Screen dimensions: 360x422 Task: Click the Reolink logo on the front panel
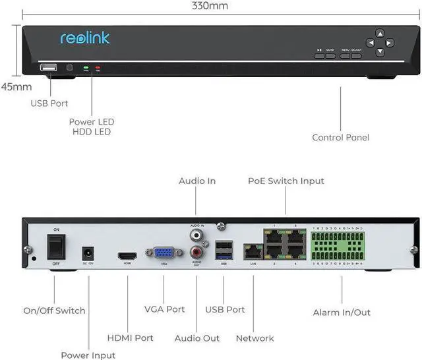pyautogui.click(x=85, y=38)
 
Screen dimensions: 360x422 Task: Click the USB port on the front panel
pyautogui.click(x=49, y=68)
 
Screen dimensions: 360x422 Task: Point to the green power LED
pyautogui.click(x=85, y=68)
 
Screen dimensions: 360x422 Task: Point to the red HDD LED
pyautogui.click(x=98, y=68)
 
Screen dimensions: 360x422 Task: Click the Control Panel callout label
pyautogui.click(x=340, y=137)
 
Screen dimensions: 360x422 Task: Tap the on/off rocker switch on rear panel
pyautogui.click(x=57, y=247)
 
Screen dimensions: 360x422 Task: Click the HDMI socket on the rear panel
pyautogui.click(x=127, y=256)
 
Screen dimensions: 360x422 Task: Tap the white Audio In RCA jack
pyautogui.click(x=196, y=234)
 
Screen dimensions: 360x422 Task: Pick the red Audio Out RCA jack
pyautogui.click(x=196, y=251)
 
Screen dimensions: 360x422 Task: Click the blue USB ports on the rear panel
pyautogui.click(x=224, y=250)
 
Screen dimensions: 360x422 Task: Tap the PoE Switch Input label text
pyautogui.click(x=286, y=181)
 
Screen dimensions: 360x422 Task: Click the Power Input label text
pyautogui.click(x=88, y=355)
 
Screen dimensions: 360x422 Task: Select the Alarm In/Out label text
pyautogui.click(x=341, y=313)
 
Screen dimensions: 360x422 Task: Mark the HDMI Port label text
pyautogui.click(x=129, y=338)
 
